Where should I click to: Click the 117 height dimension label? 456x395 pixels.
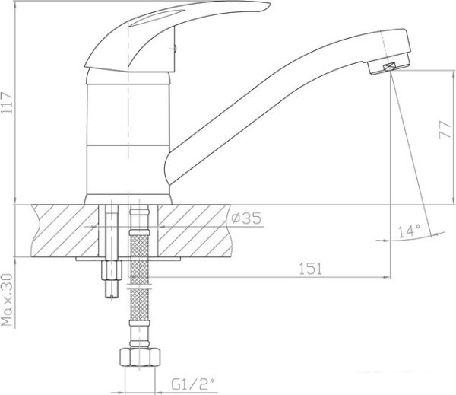coord(7,103)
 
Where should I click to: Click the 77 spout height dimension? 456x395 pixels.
coord(445,130)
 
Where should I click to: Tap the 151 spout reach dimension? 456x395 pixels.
coord(311,269)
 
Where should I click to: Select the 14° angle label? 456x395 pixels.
coord(410,231)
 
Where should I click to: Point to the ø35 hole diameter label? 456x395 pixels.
coord(246,218)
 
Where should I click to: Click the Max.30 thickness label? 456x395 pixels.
coord(8,300)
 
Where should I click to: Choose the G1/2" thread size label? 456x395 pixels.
coord(195,384)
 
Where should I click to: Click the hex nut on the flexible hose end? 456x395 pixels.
coord(140,357)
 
